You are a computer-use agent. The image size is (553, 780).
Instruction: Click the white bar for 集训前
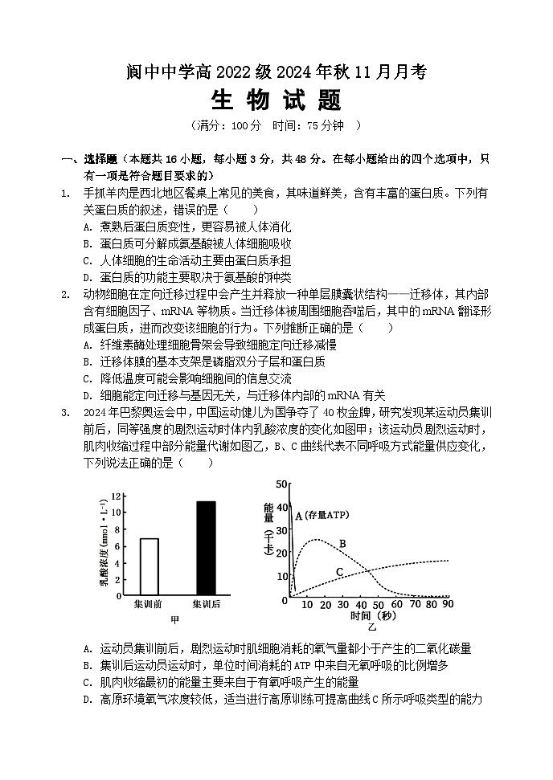point(150,566)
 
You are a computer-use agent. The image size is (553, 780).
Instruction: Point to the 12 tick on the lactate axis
point(117,496)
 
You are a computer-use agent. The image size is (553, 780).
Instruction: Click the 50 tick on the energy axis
point(281,484)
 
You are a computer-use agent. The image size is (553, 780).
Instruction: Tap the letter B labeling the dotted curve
point(342,544)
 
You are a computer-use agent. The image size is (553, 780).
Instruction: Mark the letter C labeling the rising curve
point(339,571)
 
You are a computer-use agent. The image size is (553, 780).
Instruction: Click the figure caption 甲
point(175,619)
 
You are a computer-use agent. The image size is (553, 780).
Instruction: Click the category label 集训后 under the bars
point(206,603)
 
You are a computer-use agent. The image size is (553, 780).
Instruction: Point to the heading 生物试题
point(276,100)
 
